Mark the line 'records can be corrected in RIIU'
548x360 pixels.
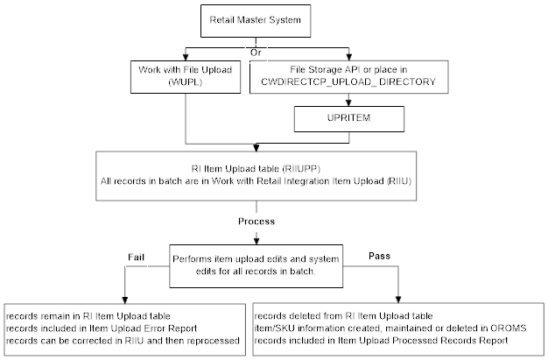(123, 339)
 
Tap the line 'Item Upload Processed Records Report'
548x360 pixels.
(368, 339)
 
